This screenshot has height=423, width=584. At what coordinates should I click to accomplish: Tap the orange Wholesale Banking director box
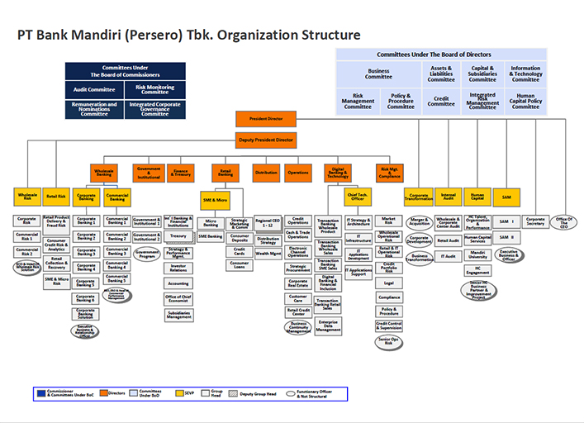pos(104,173)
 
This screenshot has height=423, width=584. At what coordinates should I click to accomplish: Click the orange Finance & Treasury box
pos(181,173)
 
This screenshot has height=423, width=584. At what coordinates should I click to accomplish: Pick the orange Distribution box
pos(266,173)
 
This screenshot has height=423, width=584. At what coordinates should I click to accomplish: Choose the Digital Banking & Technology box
pos(339,173)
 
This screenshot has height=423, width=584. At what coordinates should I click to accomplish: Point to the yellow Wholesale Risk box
pos(27,197)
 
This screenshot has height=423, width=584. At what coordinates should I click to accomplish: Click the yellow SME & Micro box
pos(215,200)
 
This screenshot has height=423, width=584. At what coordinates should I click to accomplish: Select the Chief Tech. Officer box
pos(358,197)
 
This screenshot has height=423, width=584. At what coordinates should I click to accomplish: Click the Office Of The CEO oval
pos(566,222)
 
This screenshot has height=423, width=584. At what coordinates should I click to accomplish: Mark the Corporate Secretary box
pos(535,221)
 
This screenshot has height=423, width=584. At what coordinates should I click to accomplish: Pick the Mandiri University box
pos(477,255)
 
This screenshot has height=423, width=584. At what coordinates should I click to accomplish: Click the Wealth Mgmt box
pos(268,254)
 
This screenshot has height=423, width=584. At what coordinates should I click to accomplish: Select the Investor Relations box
pos(178,268)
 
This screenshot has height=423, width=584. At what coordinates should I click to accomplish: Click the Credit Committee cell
pos(441,100)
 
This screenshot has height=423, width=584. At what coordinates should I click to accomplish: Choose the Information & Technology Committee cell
pos(525,74)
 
